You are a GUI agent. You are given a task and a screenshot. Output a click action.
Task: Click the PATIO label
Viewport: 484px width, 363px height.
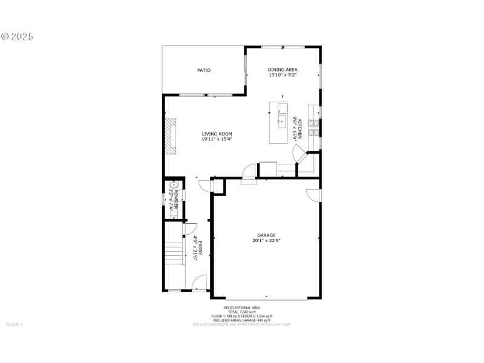[204, 71]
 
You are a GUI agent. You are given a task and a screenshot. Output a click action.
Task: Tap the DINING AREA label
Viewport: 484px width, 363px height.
[283, 70]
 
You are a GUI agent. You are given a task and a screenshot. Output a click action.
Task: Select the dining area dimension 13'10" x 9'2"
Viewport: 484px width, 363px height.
[283, 77]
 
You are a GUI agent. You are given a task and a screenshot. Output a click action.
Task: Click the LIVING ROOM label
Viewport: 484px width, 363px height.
[217, 134]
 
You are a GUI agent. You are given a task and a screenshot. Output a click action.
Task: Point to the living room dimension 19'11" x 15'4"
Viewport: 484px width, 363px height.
[217, 140]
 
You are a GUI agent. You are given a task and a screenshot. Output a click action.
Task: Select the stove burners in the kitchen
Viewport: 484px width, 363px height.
[314, 128]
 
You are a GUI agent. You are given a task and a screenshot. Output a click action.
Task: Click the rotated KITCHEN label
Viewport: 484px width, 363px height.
[299, 129]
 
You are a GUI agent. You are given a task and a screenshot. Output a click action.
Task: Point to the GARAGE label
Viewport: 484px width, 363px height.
[266, 235]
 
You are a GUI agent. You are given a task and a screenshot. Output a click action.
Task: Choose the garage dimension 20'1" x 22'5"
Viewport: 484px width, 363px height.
[266, 241]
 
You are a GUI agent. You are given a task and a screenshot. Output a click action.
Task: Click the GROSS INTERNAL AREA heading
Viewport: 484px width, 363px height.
[241, 307]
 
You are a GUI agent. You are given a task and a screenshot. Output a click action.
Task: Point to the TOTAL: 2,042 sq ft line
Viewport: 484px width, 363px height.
[241, 312]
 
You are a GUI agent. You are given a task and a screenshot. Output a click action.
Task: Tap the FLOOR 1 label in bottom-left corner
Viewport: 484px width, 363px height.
[14, 325]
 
